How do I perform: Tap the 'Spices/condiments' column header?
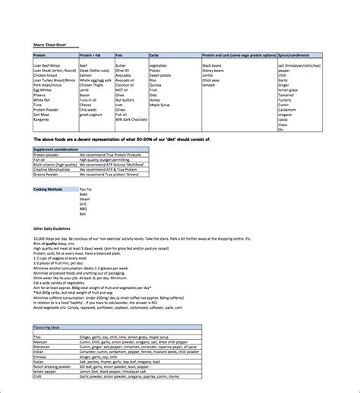tap(298, 55)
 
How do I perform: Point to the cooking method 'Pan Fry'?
tap(86, 187)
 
